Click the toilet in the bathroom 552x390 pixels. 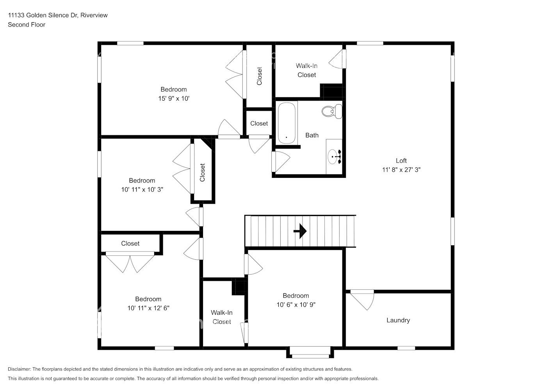(x=331, y=112)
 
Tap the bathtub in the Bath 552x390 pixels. (x=287, y=123)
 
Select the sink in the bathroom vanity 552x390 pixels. (x=334, y=156)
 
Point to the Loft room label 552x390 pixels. (x=401, y=161)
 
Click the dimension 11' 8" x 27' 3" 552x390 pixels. (x=401, y=170)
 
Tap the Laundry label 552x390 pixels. (x=398, y=320)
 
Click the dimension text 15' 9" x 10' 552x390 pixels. (x=173, y=99)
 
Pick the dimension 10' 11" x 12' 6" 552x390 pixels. (x=148, y=308)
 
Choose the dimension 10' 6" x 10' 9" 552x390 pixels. (x=296, y=305)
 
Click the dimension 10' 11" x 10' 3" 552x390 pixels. (x=142, y=190)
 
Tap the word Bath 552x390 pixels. (x=312, y=135)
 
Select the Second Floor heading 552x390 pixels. (x=27, y=25)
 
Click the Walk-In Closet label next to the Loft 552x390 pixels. (x=306, y=70)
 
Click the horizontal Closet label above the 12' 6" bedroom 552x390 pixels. (x=130, y=243)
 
